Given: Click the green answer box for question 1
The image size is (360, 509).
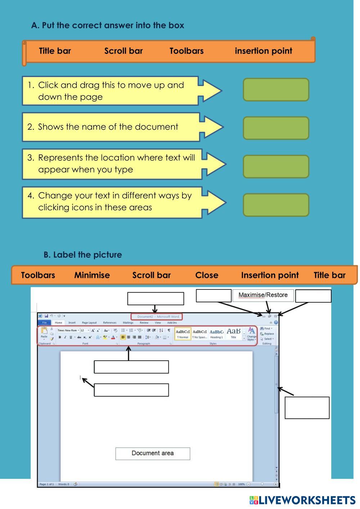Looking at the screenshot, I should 276,90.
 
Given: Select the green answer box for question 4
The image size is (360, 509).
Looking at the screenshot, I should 276,205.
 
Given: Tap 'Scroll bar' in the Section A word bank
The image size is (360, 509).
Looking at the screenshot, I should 123,51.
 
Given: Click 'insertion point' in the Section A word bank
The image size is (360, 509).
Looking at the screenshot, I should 263,51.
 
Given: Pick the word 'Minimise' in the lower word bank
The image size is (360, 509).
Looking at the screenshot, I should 92,275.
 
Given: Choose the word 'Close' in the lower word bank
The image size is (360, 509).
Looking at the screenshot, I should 207,275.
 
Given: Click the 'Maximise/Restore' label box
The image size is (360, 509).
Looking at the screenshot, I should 263,295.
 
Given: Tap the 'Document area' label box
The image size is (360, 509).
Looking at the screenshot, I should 153,453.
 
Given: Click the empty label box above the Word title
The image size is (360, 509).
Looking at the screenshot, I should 156,298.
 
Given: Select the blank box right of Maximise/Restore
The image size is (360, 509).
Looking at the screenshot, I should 313,296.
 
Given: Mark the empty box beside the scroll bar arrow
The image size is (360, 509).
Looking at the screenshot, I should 307,407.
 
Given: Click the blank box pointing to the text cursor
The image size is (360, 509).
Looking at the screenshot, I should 131,390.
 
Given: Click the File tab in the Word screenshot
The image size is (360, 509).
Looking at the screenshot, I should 45,323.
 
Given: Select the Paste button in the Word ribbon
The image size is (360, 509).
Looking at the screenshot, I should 44,333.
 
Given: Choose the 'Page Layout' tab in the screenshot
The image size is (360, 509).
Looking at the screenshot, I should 89,323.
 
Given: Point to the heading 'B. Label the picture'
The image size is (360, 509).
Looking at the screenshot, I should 83,255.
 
